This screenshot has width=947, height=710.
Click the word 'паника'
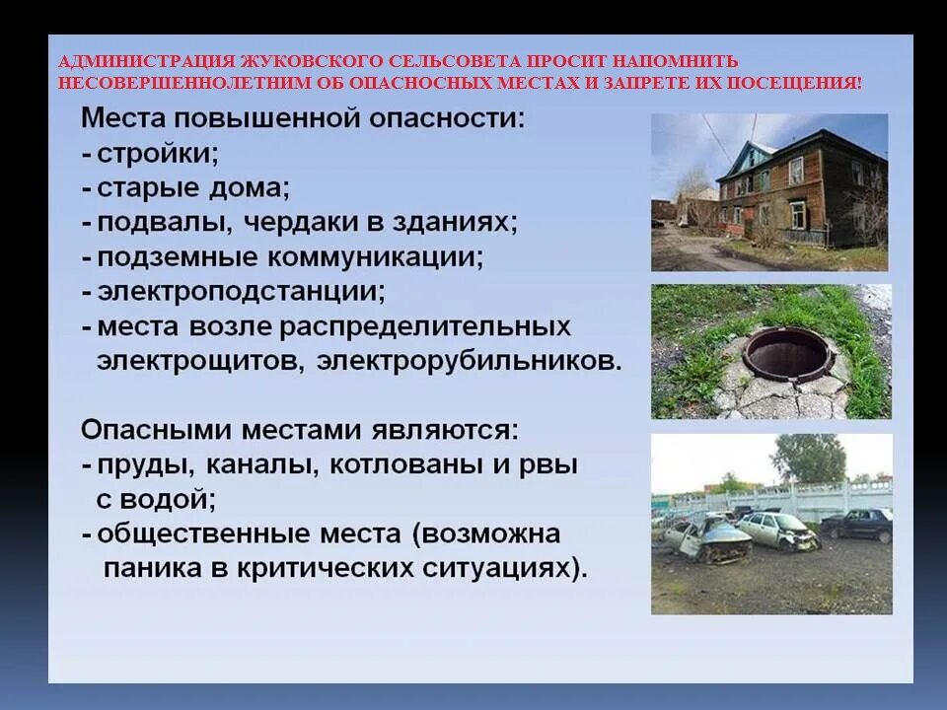[149, 569]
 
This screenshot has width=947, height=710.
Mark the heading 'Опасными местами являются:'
[299, 430]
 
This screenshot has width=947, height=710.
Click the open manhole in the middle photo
[780, 351]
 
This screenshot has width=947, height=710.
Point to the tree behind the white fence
[809, 458]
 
